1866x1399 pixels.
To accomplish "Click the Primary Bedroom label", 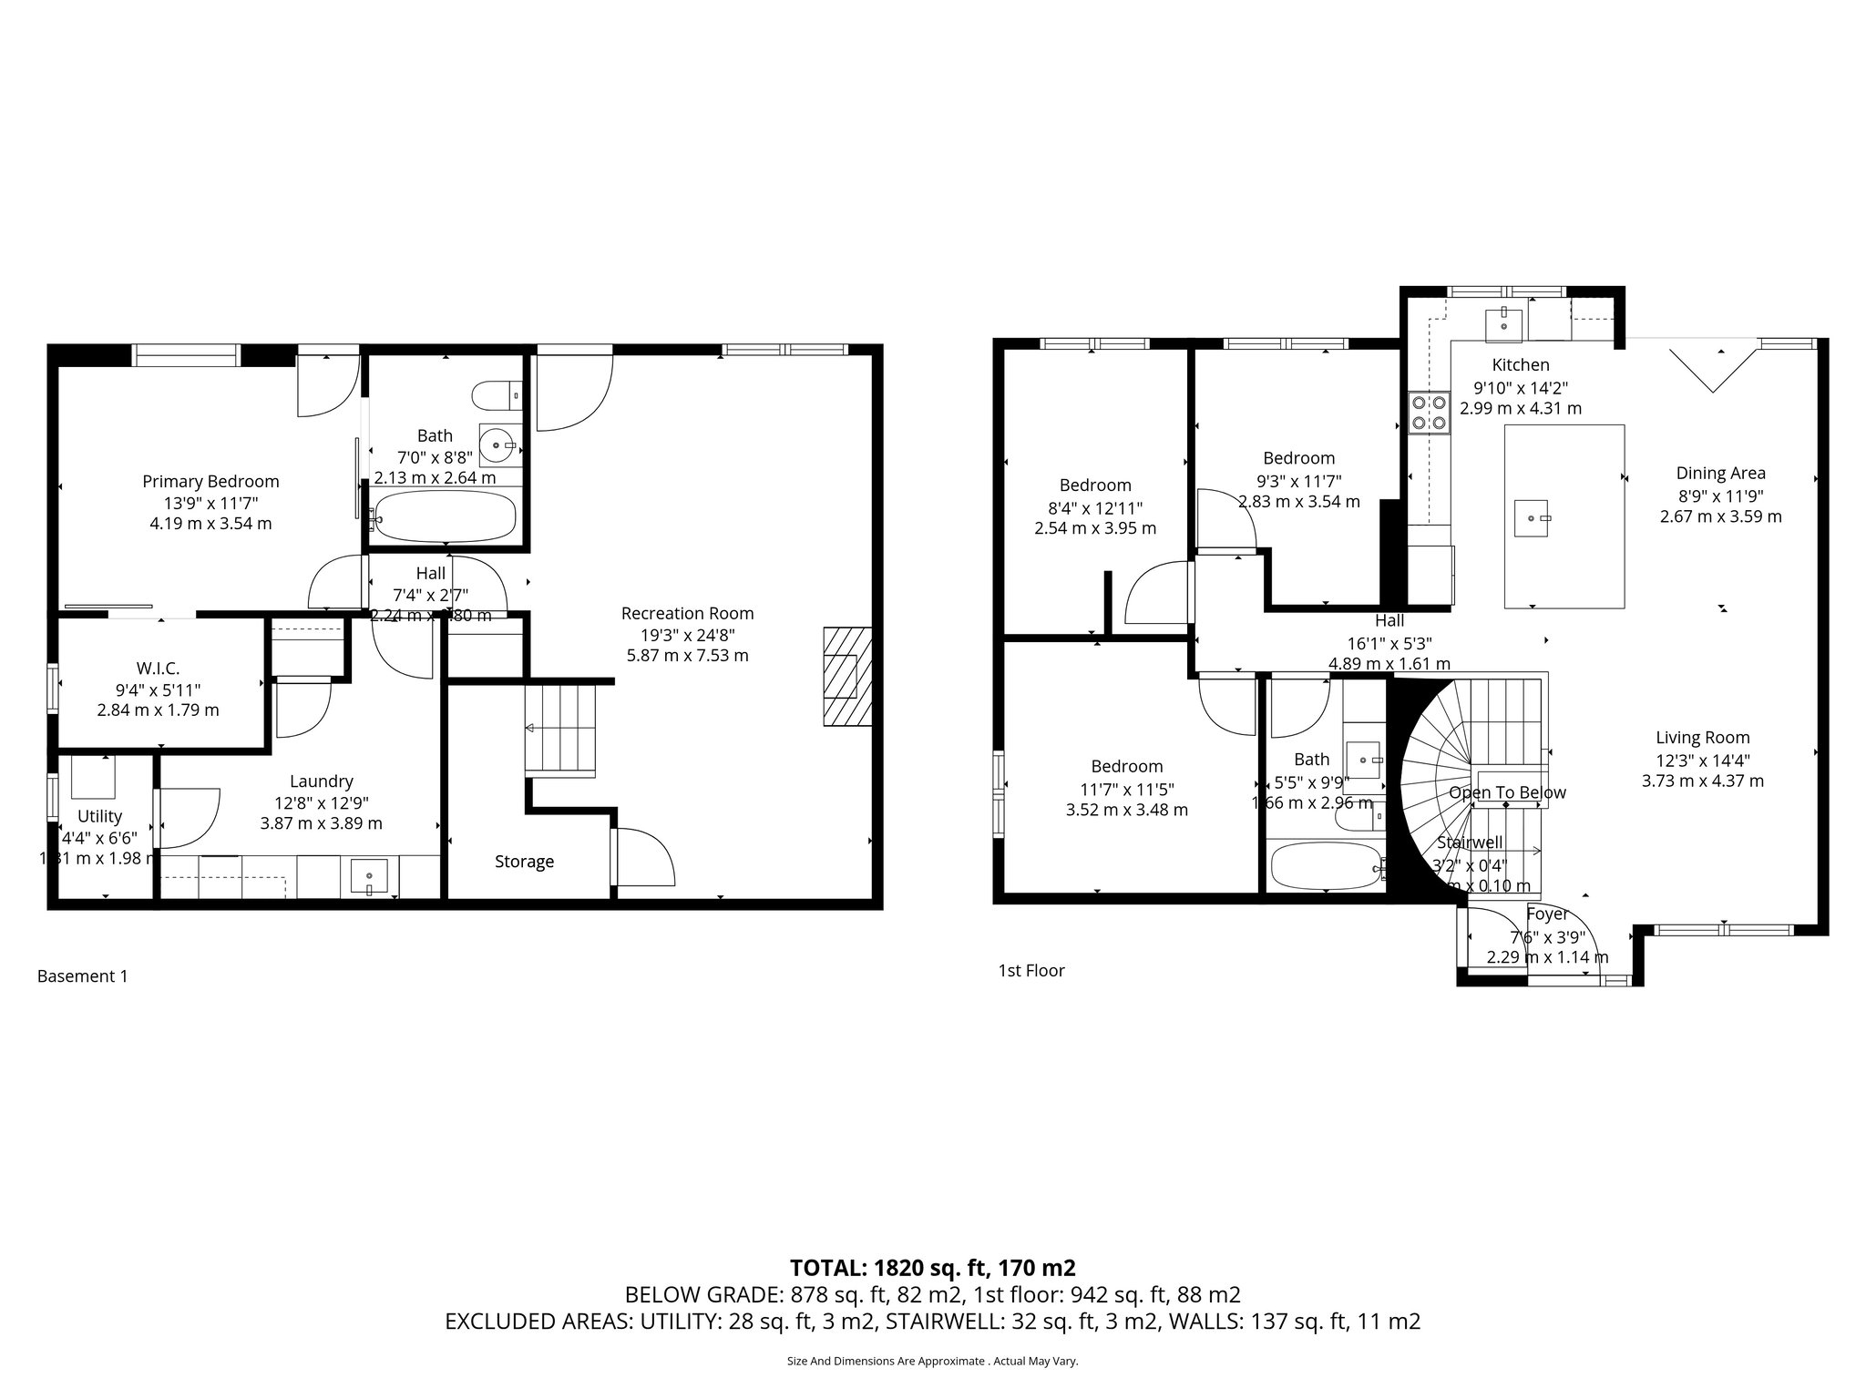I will [x=210, y=481].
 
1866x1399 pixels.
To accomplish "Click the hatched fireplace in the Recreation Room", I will [x=846, y=676].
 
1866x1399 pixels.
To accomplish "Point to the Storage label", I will [x=524, y=861].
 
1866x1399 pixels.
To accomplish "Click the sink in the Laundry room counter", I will [x=369, y=876].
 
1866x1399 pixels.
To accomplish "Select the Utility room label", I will [x=99, y=816].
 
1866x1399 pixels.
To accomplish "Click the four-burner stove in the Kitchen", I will [x=1428, y=411].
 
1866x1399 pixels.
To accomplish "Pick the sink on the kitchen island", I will [x=1532, y=518].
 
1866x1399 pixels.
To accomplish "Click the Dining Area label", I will [x=1720, y=473].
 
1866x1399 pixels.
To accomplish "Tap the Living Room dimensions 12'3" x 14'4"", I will [x=1702, y=760].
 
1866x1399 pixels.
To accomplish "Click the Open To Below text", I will [x=1507, y=792].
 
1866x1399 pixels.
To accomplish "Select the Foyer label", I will [x=1547, y=914].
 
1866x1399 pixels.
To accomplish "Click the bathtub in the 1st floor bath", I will [x=1325, y=866].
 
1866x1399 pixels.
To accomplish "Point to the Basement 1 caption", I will [x=82, y=976].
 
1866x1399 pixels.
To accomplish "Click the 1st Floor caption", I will [x=1030, y=971].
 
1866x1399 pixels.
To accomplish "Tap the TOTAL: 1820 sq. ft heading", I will [x=932, y=1267].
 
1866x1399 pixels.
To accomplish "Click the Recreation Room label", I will [x=687, y=613].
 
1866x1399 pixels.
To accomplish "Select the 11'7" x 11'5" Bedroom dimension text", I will [x=1126, y=788].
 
